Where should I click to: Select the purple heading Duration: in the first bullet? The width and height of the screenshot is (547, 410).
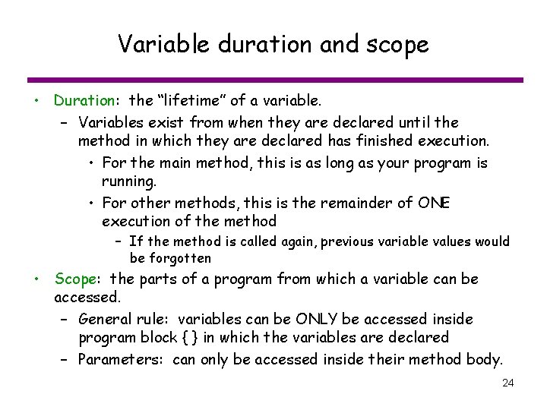(84, 99)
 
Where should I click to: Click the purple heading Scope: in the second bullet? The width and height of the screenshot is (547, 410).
(74, 279)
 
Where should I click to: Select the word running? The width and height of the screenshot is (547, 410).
(128, 181)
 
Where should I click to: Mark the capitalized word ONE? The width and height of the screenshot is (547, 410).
(435, 203)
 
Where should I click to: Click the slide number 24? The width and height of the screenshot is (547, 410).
(508, 383)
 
